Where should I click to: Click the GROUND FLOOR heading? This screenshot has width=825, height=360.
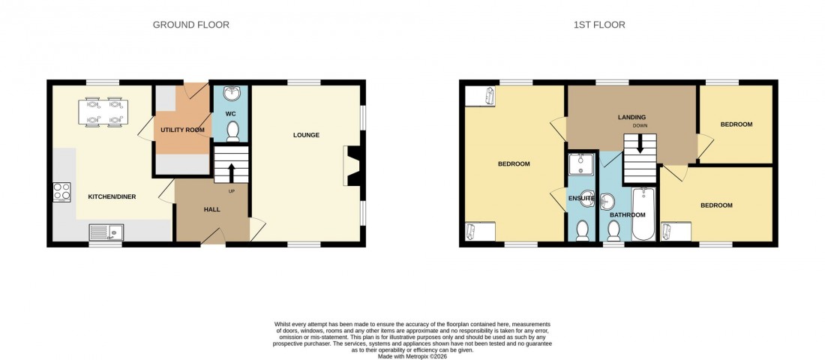tap(190, 25)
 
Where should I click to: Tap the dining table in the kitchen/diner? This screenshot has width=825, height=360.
tap(104, 110)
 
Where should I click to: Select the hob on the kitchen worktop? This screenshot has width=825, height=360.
tap(61, 192)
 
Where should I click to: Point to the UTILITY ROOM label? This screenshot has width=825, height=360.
tap(182, 130)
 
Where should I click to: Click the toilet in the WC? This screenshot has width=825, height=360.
tap(231, 131)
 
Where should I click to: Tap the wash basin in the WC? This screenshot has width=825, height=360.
tap(231, 95)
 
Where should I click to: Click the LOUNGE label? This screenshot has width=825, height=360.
tap(306, 136)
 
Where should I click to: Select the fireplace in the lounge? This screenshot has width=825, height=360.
tap(351, 165)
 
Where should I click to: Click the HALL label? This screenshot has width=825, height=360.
tap(211, 209)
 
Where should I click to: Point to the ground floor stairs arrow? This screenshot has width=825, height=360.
tap(231, 172)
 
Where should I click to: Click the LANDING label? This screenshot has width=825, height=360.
tap(631, 117)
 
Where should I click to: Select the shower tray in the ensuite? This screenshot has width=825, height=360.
tap(581, 163)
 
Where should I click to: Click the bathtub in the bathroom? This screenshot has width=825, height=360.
tap(643, 214)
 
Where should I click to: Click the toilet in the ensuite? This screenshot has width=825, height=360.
tap(582, 230)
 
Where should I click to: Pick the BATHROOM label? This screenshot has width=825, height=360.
tap(627, 215)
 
